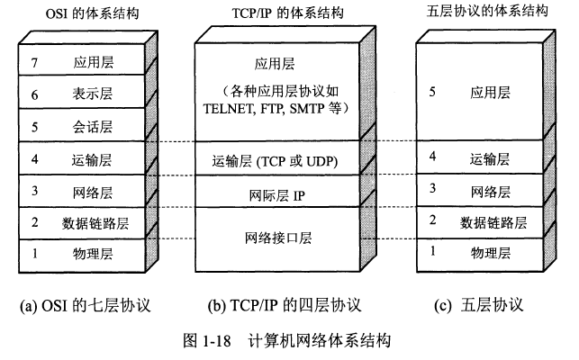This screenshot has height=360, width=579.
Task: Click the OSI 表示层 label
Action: [x=92, y=93]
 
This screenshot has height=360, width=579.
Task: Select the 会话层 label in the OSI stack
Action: [x=92, y=125]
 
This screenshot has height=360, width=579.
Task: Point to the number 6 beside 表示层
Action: [x=35, y=93]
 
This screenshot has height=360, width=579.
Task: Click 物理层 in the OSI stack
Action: [x=92, y=254]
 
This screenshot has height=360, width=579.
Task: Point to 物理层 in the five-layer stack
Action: [x=491, y=253]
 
